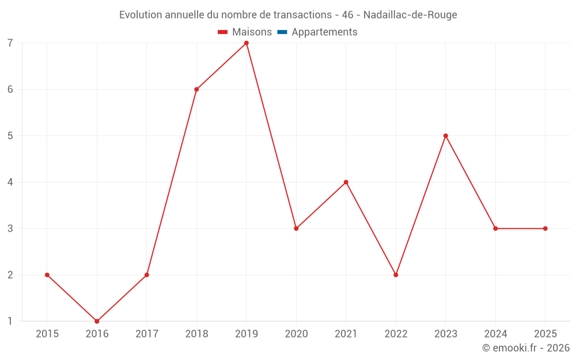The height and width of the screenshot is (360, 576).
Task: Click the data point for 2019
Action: tap(247, 43)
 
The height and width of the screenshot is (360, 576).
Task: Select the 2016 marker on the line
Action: tap(97, 321)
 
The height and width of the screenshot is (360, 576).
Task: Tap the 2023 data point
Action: tap(446, 136)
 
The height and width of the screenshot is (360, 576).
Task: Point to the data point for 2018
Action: tap(196, 89)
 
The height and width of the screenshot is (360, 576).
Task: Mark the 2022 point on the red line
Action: tap(396, 275)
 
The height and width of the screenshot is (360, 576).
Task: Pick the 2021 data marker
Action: tap(346, 182)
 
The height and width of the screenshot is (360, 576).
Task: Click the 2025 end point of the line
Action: tap(545, 229)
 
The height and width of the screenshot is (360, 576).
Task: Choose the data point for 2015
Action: tap(47, 275)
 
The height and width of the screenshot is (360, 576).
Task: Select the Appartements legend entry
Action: tap(324, 32)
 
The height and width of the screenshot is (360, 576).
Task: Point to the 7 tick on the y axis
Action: tap(10, 43)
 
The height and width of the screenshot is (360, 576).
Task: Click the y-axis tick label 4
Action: tap(10, 182)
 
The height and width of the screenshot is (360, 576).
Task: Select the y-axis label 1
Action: tap(10, 321)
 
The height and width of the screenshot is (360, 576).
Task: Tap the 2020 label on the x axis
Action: tap(296, 334)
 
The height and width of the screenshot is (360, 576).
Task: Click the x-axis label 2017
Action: tap(147, 334)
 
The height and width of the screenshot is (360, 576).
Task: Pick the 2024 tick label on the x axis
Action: tap(495, 334)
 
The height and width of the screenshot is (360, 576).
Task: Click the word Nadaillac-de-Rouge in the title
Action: tap(410, 15)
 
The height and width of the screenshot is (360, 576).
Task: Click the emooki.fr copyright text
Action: tap(526, 348)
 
